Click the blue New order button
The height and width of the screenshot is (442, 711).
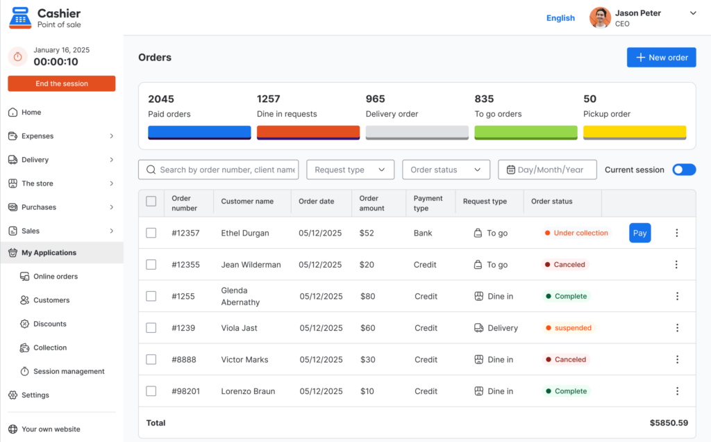point(661,58)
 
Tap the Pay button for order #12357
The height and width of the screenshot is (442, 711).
point(639,233)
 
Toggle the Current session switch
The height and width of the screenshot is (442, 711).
point(684,170)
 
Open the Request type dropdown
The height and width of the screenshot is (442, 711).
point(350,170)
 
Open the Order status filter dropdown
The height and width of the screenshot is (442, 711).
point(446,170)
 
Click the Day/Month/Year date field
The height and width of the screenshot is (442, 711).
point(547,170)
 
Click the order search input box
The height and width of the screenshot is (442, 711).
point(219,170)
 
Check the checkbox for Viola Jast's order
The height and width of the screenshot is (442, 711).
point(151,327)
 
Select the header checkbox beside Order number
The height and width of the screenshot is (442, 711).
point(151,201)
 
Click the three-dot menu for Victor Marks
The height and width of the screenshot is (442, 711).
point(677,359)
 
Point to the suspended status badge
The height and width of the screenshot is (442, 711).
point(569,327)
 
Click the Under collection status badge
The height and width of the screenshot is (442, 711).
point(576,233)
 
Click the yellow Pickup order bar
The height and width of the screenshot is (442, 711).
point(635,133)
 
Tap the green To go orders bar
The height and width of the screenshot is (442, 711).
point(526,133)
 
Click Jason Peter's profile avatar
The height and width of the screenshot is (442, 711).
point(600,17)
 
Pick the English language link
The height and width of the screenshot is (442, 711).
point(560,17)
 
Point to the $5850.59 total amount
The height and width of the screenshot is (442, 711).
point(669,423)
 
